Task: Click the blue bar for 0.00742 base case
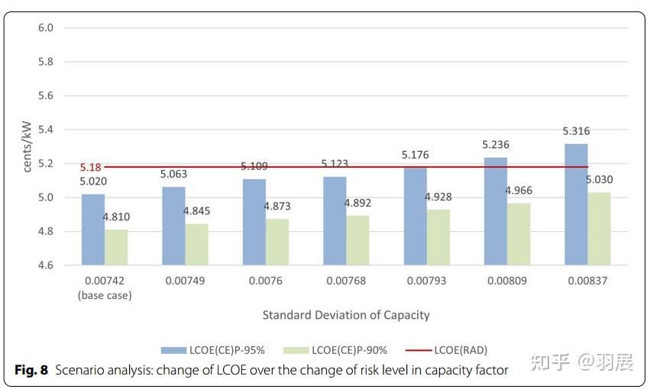click(93, 229)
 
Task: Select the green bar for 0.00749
click(196, 244)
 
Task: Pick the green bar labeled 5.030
click(599, 228)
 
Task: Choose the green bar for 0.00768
click(357, 240)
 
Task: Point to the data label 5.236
click(495, 145)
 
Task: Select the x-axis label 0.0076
click(265, 281)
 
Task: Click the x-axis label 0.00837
click(587, 281)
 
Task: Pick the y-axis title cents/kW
click(27, 146)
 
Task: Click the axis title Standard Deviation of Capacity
click(345, 315)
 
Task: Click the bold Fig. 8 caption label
click(32, 370)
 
